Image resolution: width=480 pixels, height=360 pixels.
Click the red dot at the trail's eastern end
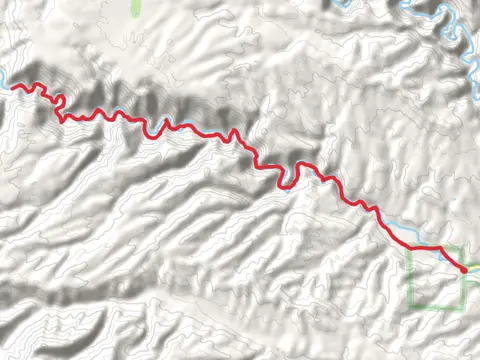pos(464,269)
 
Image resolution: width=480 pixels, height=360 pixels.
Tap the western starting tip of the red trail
pos(13,88)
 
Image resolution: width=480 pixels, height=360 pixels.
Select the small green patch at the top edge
pos(136,7)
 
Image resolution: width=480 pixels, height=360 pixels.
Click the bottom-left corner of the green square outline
pos(411,307)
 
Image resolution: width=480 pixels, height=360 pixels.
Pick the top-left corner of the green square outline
pos(411,248)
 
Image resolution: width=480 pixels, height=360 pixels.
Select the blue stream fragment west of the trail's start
pos(5,85)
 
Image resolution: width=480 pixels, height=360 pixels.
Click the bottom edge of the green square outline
pos(437,307)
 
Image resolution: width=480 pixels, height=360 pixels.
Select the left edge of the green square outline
pos(411,278)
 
